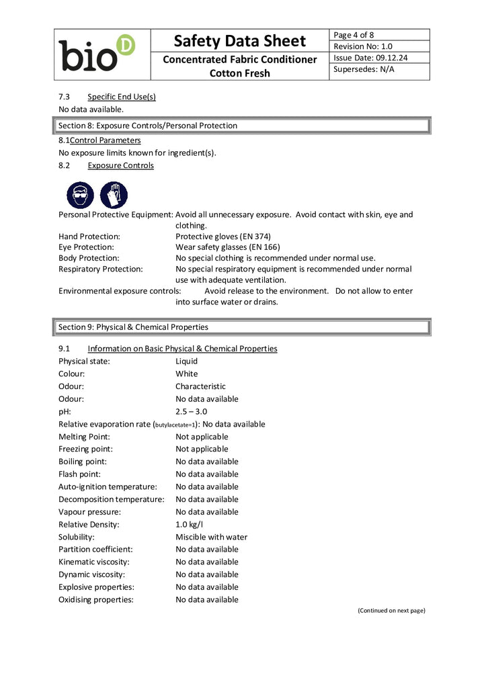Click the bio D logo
point(97,54)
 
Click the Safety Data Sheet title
point(239,41)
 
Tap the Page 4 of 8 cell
point(354,35)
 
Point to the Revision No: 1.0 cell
point(363,46)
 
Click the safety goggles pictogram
point(80,195)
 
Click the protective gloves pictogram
point(114,195)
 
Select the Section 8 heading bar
point(242,126)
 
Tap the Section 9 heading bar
point(242,327)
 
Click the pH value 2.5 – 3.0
point(191,411)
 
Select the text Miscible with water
point(211,537)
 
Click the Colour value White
point(187,374)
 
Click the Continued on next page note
point(391,610)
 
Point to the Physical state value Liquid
point(186,361)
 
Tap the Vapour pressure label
point(89,511)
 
